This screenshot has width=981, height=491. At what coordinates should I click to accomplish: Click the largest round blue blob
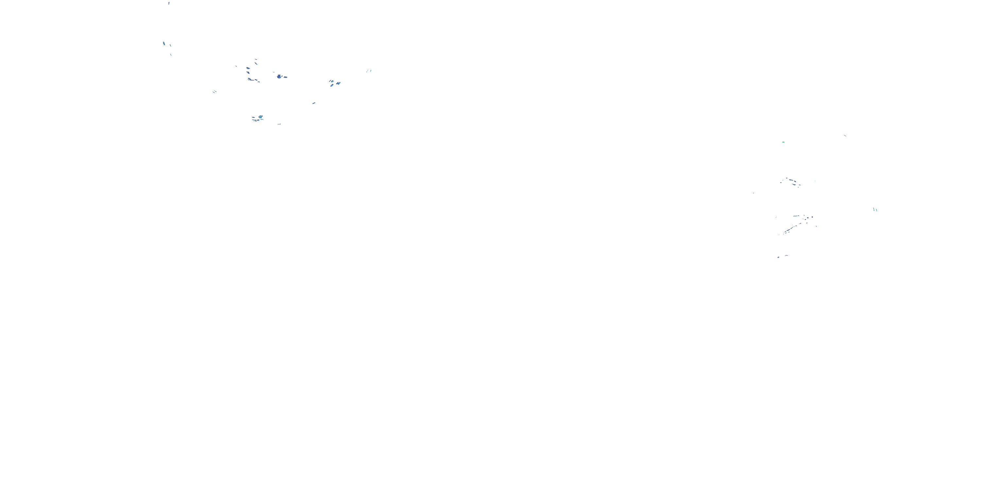279,77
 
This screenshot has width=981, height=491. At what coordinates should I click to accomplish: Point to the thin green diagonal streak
845,135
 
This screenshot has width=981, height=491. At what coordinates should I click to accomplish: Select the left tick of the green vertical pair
874,209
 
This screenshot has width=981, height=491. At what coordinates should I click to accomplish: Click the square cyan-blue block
261,117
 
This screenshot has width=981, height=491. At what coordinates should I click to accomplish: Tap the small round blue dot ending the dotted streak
812,217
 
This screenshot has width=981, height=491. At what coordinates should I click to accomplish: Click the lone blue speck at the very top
169,3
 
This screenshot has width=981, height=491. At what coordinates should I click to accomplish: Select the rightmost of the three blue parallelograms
338,83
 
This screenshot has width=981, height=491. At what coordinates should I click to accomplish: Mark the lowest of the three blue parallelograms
332,85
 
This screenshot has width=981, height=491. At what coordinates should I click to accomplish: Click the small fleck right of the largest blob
285,77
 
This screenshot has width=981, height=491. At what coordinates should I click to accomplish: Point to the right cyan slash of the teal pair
370,70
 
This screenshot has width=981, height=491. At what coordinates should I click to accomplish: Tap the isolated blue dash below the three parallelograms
314,103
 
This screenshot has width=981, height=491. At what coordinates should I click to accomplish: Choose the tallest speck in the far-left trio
164,44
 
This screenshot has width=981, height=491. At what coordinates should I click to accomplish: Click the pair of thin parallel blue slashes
215,92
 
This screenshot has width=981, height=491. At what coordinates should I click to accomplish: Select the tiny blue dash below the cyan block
279,124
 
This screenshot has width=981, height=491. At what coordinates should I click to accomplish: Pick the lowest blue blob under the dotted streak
778,257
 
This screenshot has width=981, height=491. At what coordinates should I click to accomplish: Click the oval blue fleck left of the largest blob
248,68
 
